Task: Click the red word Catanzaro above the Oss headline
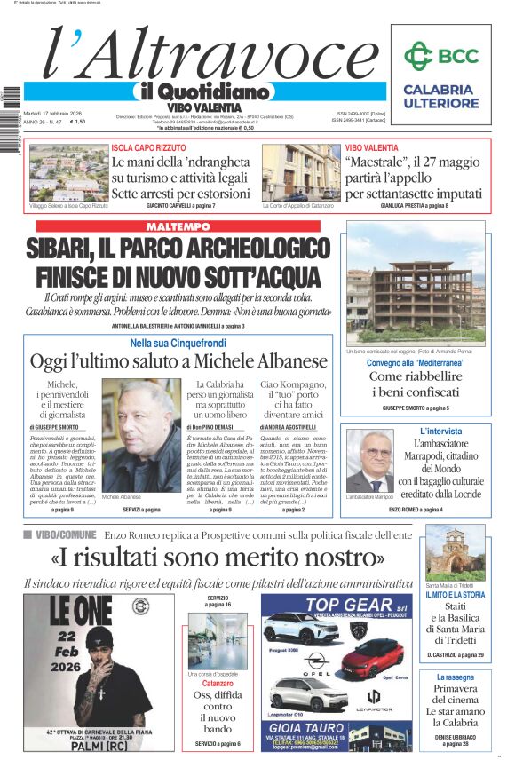click(218, 684)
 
